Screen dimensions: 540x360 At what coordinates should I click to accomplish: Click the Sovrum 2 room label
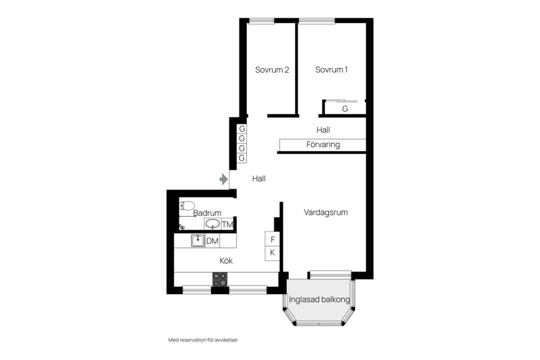tap(272, 70)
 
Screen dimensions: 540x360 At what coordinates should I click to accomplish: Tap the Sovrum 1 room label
tap(331, 70)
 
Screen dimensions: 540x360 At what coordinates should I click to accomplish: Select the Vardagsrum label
tap(326, 213)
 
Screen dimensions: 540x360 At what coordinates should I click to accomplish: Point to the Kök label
tap(226, 261)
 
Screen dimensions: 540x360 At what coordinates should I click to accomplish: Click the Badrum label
tap(208, 213)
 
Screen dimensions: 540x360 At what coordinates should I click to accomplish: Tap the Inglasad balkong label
tap(319, 299)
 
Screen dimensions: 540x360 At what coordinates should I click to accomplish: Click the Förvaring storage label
tap(323, 145)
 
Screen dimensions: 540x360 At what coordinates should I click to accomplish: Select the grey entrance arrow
tap(224, 179)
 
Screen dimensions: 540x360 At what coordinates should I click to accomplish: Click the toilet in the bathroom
tap(187, 206)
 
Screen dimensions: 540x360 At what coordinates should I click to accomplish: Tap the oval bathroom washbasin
tap(213, 224)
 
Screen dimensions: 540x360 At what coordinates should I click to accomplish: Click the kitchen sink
tap(198, 241)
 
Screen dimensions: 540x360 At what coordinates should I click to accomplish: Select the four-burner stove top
tap(220, 280)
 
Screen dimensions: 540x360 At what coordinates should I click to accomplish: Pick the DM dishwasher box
tap(213, 241)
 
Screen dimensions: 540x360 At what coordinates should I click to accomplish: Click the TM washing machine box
tap(227, 224)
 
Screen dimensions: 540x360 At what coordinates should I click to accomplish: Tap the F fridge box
tap(272, 240)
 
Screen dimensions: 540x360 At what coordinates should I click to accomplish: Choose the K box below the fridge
tap(272, 253)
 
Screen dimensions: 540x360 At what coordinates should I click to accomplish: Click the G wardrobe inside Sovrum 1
tap(345, 109)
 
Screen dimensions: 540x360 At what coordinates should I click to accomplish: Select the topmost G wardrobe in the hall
tap(242, 129)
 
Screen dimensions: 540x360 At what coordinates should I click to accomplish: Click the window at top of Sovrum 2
tap(262, 21)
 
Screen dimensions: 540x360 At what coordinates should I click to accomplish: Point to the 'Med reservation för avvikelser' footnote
tap(203, 340)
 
